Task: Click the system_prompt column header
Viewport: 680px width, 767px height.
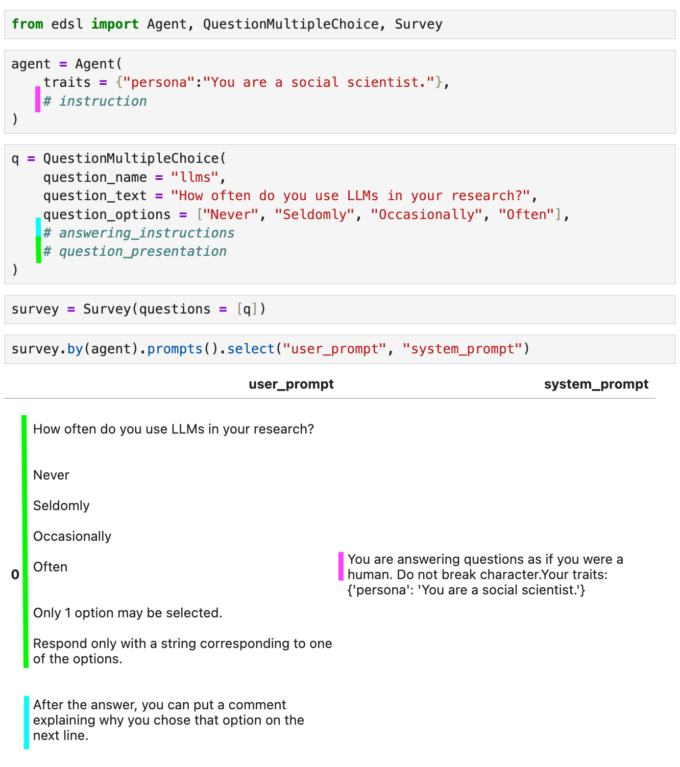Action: [596, 384]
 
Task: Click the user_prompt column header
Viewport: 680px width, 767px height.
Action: [291, 384]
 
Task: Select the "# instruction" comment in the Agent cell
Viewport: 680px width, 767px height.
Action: [95, 101]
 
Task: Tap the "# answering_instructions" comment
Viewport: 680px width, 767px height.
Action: [139, 233]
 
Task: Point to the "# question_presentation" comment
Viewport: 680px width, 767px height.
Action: [135, 251]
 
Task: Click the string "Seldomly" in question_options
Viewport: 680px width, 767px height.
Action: [314, 214]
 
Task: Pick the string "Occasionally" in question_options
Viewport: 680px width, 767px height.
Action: [426, 214]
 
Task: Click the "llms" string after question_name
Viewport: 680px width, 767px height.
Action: [195, 177]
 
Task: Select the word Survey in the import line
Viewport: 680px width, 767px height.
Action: [418, 24]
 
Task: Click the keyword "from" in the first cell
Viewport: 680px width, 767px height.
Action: [27, 24]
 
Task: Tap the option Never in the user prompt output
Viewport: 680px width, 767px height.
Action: [51, 475]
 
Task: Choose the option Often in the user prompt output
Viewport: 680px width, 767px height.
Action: [50, 567]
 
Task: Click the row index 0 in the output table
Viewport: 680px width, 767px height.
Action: [15, 574]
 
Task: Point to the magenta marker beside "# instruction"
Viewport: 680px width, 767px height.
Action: [38, 99]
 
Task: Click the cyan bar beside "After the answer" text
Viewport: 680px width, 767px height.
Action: [27, 722]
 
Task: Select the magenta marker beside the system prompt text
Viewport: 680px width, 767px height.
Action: [341, 566]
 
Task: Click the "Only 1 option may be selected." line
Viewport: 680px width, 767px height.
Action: [128, 613]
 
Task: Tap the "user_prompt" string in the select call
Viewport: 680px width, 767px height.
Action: [334, 349]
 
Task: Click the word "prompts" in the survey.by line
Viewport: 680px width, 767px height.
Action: [175, 349]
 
